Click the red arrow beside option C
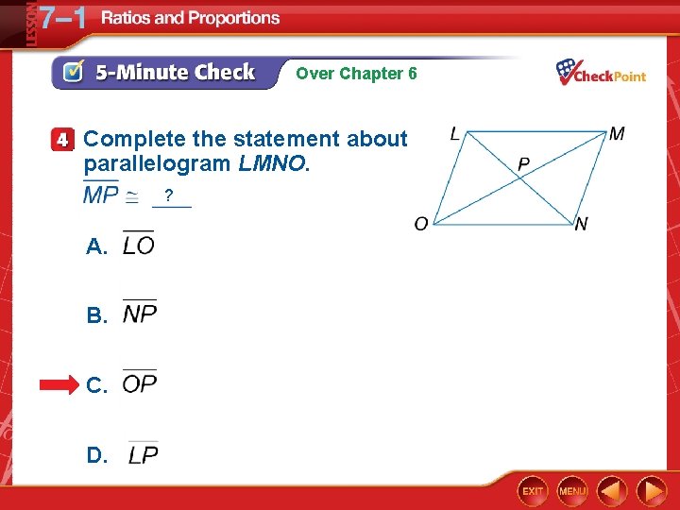pyautogui.click(x=60, y=385)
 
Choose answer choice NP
pyautogui.click(x=140, y=314)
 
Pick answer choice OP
pyautogui.click(x=140, y=383)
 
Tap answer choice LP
pyautogui.click(x=144, y=454)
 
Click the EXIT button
pyautogui.click(x=533, y=491)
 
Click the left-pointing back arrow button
pyautogui.click(x=612, y=491)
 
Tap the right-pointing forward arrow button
pyautogui.click(x=652, y=491)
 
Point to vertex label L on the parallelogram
pyautogui.click(x=455, y=135)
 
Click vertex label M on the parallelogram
pyautogui.click(x=617, y=134)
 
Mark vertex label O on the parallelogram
pyautogui.click(x=421, y=224)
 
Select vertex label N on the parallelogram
pyautogui.click(x=582, y=224)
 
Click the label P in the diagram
pyautogui.click(x=523, y=164)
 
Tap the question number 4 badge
pyautogui.click(x=62, y=140)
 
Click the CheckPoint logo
pyautogui.click(x=601, y=73)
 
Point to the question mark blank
pyautogui.click(x=168, y=196)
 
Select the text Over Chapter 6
pyautogui.click(x=356, y=73)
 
